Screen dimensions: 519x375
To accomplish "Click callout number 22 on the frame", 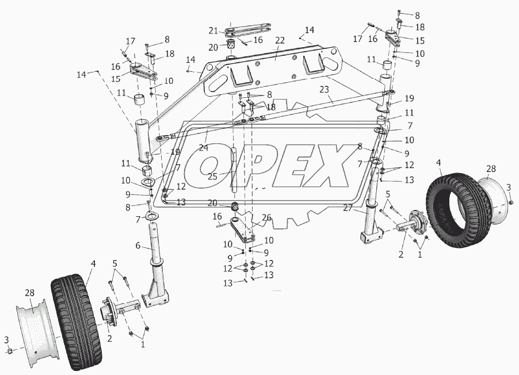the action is pyautogui.click(x=280, y=40).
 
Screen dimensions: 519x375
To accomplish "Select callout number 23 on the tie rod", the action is pyautogui.click(x=325, y=89).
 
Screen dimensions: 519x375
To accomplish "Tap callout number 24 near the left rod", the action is pyautogui.click(x=204, y=148).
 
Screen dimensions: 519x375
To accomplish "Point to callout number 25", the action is pyautogui.click(x=212, y=176).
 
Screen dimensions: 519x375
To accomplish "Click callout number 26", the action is pyautogui.click(x=266, y=218).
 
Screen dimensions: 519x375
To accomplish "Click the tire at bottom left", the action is pyautogui.click(x=76, y=322).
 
